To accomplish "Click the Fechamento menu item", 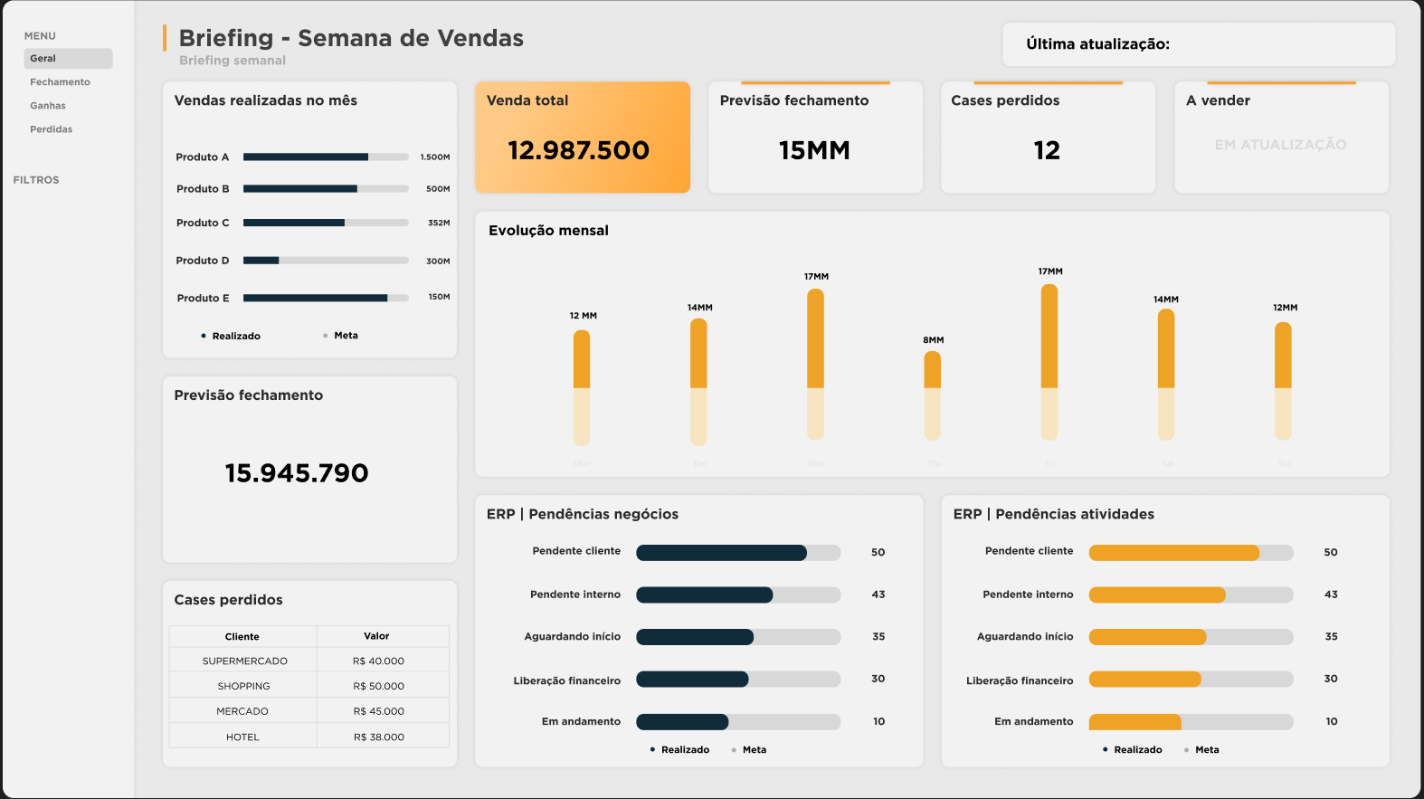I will point(60,82).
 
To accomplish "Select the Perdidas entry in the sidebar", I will point(51,129).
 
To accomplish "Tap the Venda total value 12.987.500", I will point(578,150).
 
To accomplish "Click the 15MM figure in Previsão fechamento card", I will point(814,150).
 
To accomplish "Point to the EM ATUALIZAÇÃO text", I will point(1280,145).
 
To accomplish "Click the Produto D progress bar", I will point(325,261).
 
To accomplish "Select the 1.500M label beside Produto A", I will point(434,157).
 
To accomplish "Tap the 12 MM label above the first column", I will point(583,316).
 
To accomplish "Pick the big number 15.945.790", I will point(297,473).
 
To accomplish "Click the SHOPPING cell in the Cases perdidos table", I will point(243,686).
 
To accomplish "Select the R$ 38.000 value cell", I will point(379,737).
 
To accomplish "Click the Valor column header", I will point(376,636).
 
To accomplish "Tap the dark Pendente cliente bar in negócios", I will point(721,553).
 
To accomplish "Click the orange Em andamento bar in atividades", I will point(1134,722).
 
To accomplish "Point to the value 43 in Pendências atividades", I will point(1331,594).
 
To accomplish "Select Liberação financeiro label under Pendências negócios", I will point(567,680).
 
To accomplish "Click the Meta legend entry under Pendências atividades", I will point(1206,749).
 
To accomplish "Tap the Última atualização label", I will point(1097,44).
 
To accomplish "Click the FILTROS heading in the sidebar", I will point(36,180).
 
